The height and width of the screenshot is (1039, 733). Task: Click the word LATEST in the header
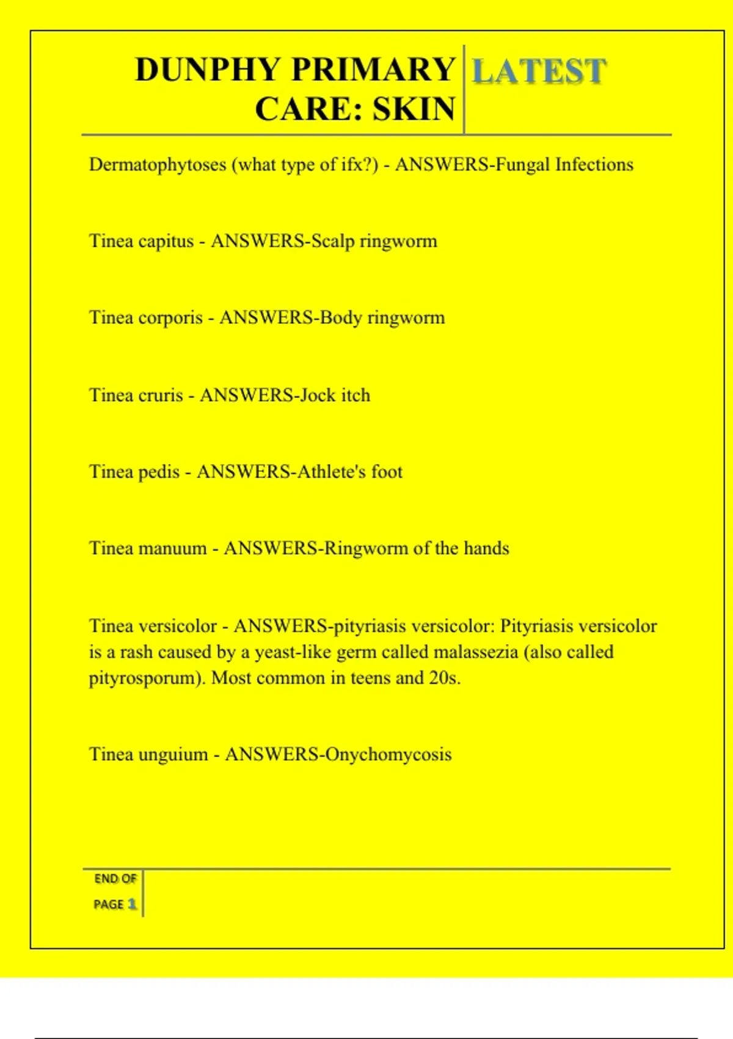(x=539, y=71)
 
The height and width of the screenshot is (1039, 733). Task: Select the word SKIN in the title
(x=414, y=109)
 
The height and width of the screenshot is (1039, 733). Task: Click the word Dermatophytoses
(x=158, y=165)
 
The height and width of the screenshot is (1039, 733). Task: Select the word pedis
(x=159, y=472)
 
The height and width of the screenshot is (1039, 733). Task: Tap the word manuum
(x=173, y=548)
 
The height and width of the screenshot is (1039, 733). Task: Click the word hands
(x=486, y=548)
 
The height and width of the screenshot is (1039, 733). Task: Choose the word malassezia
(x=475, y=652)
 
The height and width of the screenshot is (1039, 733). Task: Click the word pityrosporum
(x=144, y=678)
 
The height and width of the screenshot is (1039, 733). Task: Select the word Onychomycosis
(x=388, y=755)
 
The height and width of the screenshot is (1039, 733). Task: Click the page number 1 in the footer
(x=131, y=904)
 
